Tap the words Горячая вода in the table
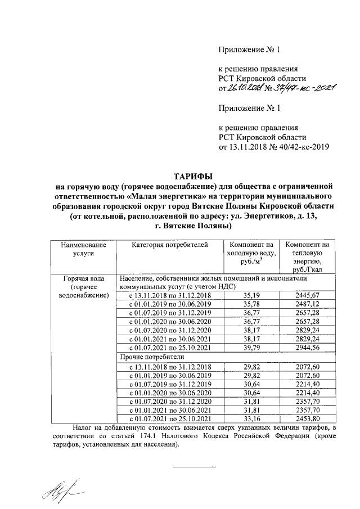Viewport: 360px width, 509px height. (83, 278)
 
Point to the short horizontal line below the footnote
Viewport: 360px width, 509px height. (194, 467)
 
